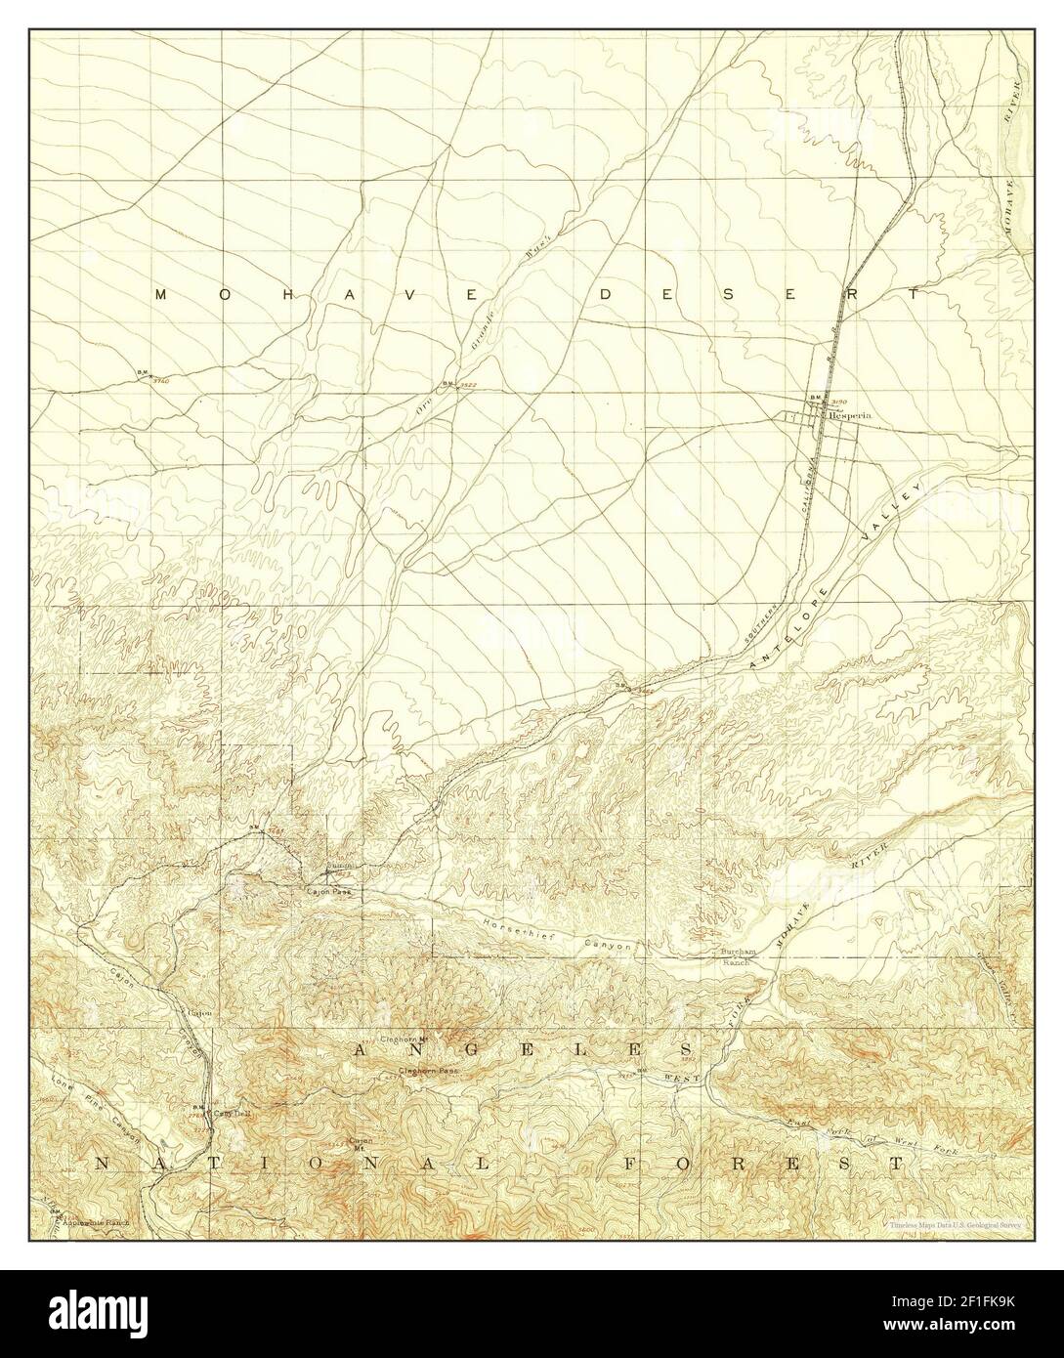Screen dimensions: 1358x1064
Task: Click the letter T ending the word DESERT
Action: tap(912, 293)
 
